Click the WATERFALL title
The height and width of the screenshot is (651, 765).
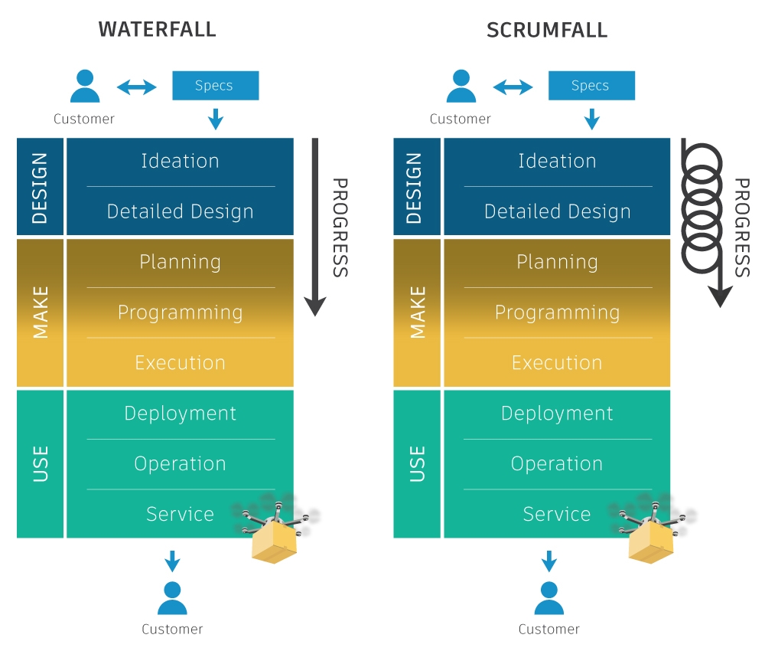(158, 30)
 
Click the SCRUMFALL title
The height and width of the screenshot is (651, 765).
(546, 31)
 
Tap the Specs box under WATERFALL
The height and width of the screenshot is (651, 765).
(215, 85)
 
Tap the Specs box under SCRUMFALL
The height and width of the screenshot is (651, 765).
(591, 85)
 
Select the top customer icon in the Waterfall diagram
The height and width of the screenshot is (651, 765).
(85, 87)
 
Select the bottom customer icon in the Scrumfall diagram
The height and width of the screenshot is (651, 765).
(549, 598)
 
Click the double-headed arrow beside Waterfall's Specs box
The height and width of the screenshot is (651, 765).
(137, 87)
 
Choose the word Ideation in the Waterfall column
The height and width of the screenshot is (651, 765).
(180, 161)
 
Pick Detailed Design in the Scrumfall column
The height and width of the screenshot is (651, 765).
(557, 211)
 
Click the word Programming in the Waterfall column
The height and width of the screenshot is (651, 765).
(180, 312)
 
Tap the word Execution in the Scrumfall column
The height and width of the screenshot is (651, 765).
(557, 362)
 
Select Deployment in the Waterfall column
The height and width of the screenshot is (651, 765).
(180, 414)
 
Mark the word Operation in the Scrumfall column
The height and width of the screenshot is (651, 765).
(557, 463)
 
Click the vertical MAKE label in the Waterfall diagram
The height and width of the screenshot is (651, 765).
(41, 312)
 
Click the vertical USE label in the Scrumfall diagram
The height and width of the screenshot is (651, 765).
(417, 463)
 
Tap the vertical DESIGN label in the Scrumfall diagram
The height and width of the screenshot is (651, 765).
(417, 187)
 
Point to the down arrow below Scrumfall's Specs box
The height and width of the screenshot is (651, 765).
(591, 119)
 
